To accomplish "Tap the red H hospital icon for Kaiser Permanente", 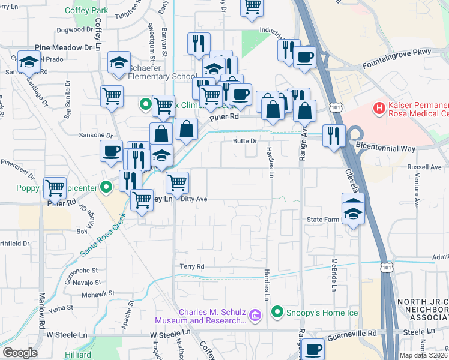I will [x=379, y=109].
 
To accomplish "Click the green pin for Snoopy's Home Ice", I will [x=277, y=311].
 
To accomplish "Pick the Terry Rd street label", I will [x=192, y=266].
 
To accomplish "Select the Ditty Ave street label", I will [x=193, y=199].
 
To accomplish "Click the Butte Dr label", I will [x=245, y=141].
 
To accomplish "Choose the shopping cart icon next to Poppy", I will [x=55, y=188].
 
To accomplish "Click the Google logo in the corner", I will [x=20, y=353].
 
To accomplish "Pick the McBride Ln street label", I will [x=334, y=275].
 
